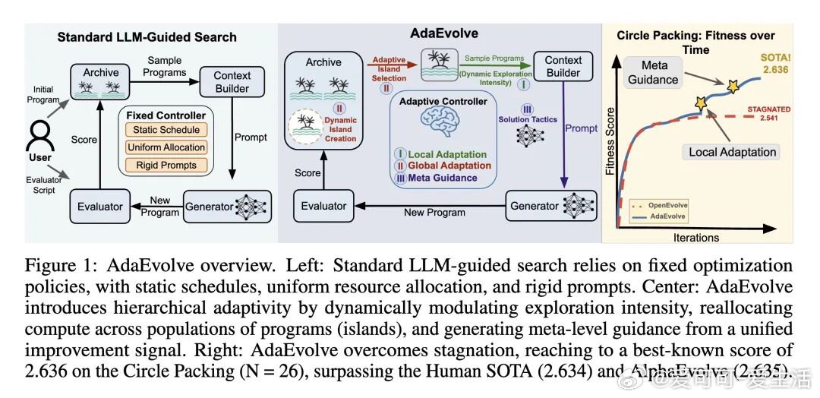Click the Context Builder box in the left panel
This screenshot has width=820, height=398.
pos(232,82)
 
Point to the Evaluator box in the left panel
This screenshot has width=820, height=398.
pos(100,206)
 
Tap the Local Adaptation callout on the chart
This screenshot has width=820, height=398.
pos(732,152)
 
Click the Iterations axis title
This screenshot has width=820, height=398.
pos(695,238)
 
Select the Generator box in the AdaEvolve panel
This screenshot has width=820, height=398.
pos(535,206)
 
